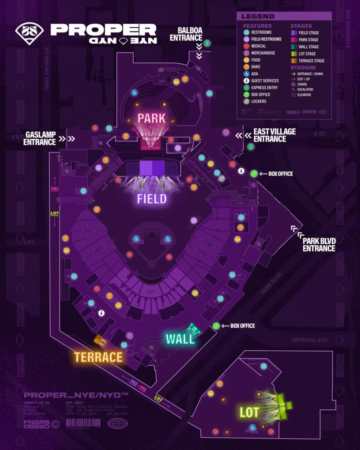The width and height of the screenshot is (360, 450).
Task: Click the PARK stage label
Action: pyautogui.click(x=151, y=118)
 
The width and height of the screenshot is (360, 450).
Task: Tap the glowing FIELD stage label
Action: pyautogui.click(x=152, y=199)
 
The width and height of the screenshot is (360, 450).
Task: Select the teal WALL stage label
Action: pyautogui.click(x=180, y=338)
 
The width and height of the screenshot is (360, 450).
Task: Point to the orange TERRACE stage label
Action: pyautogui.click(x=98, y=357)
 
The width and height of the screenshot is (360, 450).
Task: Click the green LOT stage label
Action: pyautogui.click(x=249, y=412)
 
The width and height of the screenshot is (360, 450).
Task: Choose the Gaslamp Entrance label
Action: pyautogui.click(x=40, y=138)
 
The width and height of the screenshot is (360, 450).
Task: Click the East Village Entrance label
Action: pyautogui.click(x=274, y=135)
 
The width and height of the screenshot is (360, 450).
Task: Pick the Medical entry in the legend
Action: pyautogui.click(x=258, y=46)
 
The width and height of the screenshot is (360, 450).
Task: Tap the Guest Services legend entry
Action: pyautogui.click(x=265, y=81)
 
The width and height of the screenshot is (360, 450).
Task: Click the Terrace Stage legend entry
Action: pyautogui.click(x=311, y=61)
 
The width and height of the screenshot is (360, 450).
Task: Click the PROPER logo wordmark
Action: pyautogui.click(x=103, y=29)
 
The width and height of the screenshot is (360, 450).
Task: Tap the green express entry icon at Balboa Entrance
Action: pyautogui.click(x=207, y=43)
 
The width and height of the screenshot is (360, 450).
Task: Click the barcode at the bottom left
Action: pyautogui.click(x=84, y=423)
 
